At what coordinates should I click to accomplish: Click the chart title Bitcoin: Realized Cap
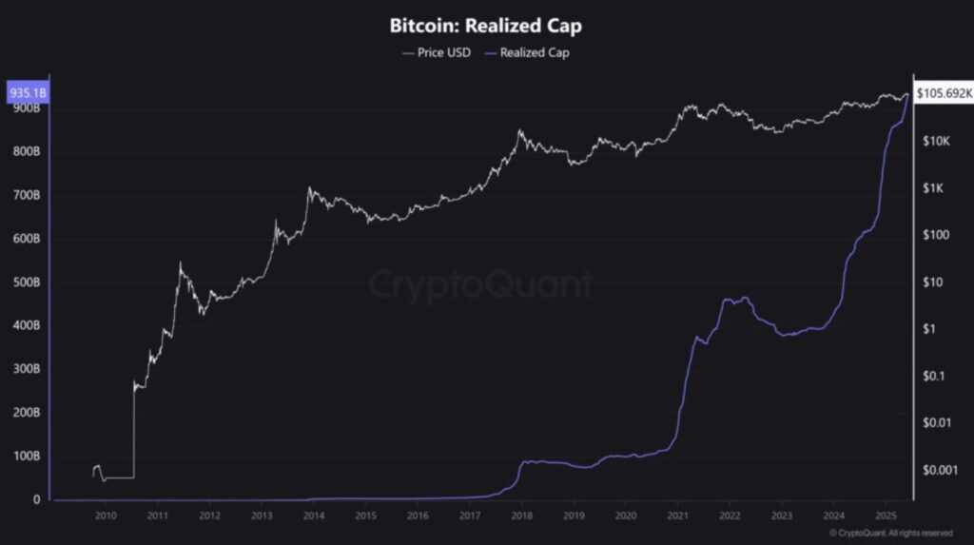click(x=486, y=26)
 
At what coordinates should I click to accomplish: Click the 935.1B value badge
click(x=27, y=93)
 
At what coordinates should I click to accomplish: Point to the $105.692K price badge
click(x=944, y=93)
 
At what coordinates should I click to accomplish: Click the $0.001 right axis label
click(x=939, y=470)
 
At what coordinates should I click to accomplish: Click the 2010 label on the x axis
click(x=106, y=516)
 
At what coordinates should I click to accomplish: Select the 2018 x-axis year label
click(x=521, y=516)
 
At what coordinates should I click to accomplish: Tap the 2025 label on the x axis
click(x=885, y=516)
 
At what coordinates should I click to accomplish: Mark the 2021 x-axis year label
click(x=677, y=516)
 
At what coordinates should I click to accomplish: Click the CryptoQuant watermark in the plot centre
click(x=481, y=284)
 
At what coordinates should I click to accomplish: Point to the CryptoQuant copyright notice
click(x=891, y=533)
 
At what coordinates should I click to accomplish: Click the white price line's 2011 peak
click(x=180, y=263)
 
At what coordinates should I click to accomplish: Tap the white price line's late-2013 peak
click(x=308, y=188)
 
